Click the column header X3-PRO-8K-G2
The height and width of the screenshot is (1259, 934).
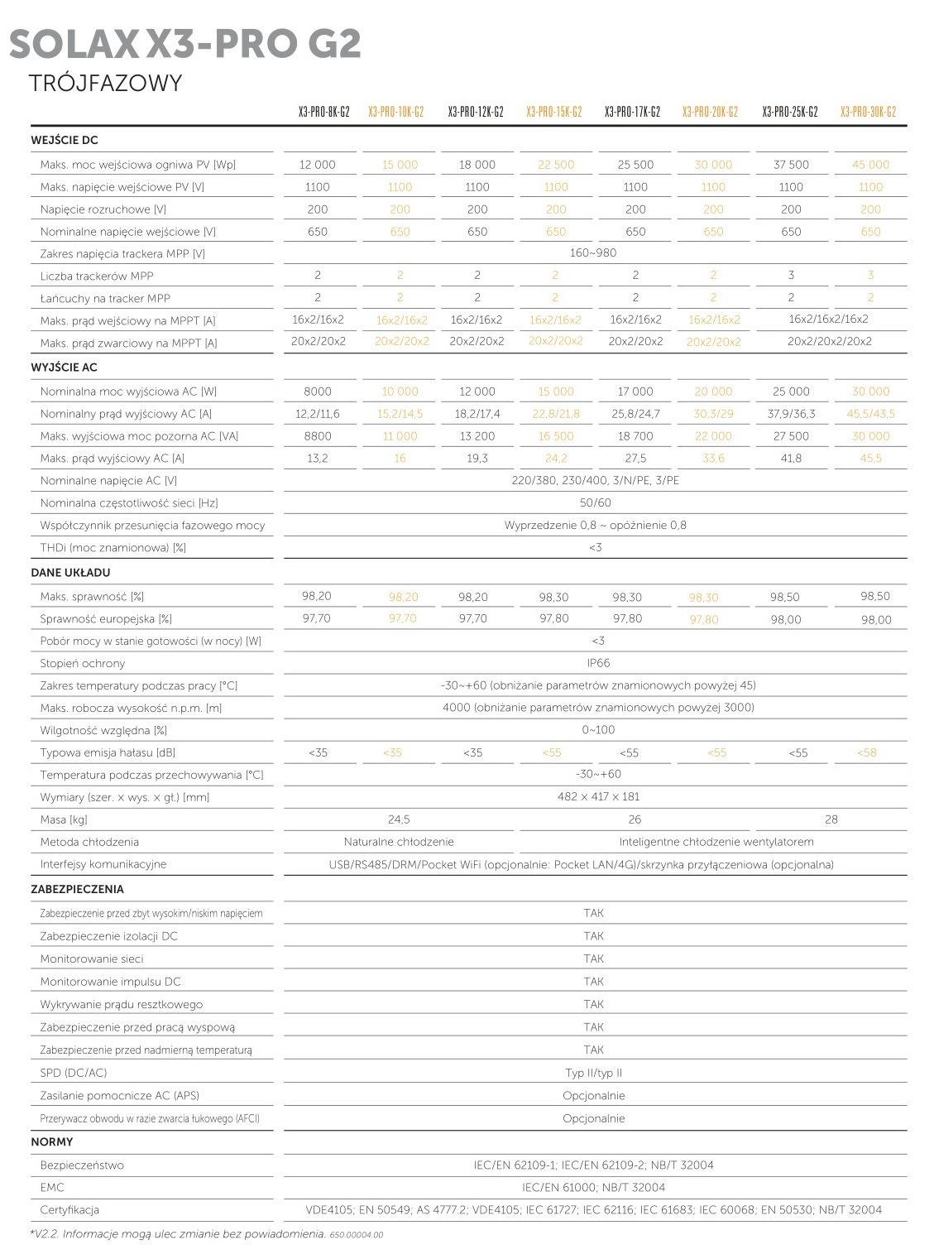tap(323, 112)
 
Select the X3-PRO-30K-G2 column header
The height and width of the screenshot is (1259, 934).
tap(868, 112)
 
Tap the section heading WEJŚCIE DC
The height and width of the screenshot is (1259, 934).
tap(65, 141)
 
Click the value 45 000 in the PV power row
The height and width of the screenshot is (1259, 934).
tap(870, 165)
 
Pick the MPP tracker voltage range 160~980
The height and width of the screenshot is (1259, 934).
tap(593, 253)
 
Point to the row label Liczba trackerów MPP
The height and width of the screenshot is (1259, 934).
tap(97, 276)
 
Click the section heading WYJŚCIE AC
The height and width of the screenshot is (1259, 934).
tap(65, 368)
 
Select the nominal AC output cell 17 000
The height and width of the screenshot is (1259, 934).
tap(635, 392)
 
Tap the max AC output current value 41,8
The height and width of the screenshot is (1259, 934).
tap(791, 459)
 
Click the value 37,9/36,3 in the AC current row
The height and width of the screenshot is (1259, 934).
tap(791, 414)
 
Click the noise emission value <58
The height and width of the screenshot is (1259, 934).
tap(867, 752)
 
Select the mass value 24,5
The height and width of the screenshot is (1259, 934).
tap(399, 819)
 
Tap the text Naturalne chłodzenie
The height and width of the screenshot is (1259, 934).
tap(399, 842)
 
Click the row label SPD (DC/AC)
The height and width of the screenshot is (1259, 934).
tap(74, 1073)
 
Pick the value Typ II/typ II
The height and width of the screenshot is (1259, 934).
tap(593, 1073)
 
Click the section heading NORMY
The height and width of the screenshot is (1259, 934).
tap(52, 1142)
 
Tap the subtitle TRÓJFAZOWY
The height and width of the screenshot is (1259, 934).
tap(104, 84)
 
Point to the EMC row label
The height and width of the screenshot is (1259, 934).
tap(52, 1187)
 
